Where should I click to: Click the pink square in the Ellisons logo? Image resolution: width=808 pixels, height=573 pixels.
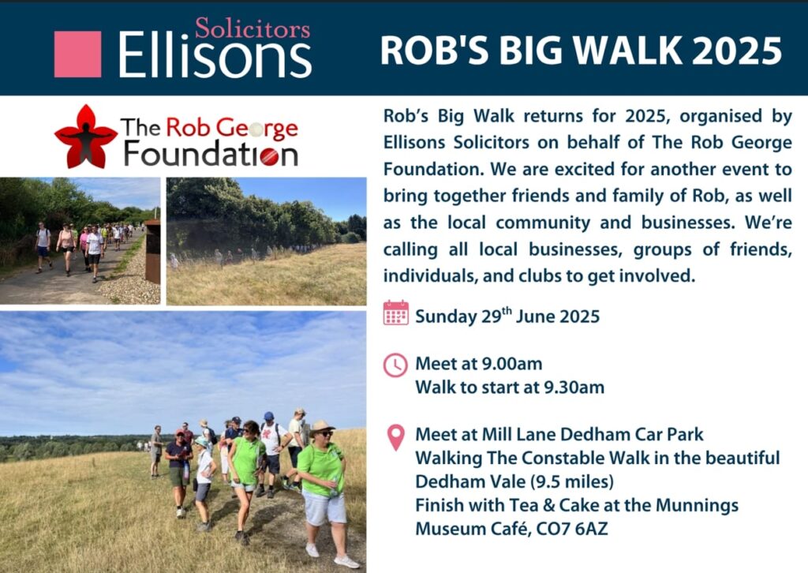pos(77,54)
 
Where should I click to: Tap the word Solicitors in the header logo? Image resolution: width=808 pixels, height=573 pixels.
pos(252,29)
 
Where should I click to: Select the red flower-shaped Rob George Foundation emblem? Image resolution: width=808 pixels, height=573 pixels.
pos(84,137)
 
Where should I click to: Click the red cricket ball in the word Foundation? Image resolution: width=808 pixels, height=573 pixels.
pos(269,155)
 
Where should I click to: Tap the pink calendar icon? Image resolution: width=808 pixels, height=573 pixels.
pos(395,313)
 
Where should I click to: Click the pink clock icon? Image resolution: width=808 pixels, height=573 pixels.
pos(395,365)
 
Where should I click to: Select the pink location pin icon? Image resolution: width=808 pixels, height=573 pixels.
pos(395,437)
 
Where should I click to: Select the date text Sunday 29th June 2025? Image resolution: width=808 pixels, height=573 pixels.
pos(507,316)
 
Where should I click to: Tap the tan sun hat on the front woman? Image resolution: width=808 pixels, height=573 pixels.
pos(321,427)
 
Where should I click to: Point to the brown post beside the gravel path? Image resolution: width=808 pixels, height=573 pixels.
pos(152,251)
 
